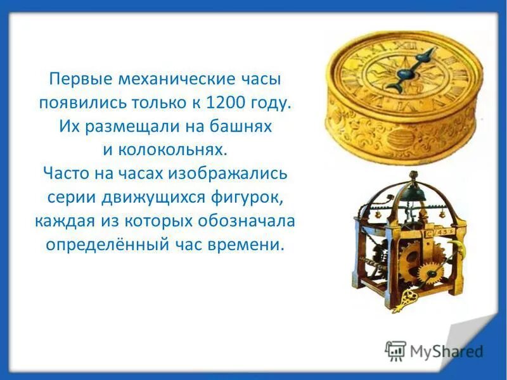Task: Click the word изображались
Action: click(233, 172)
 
